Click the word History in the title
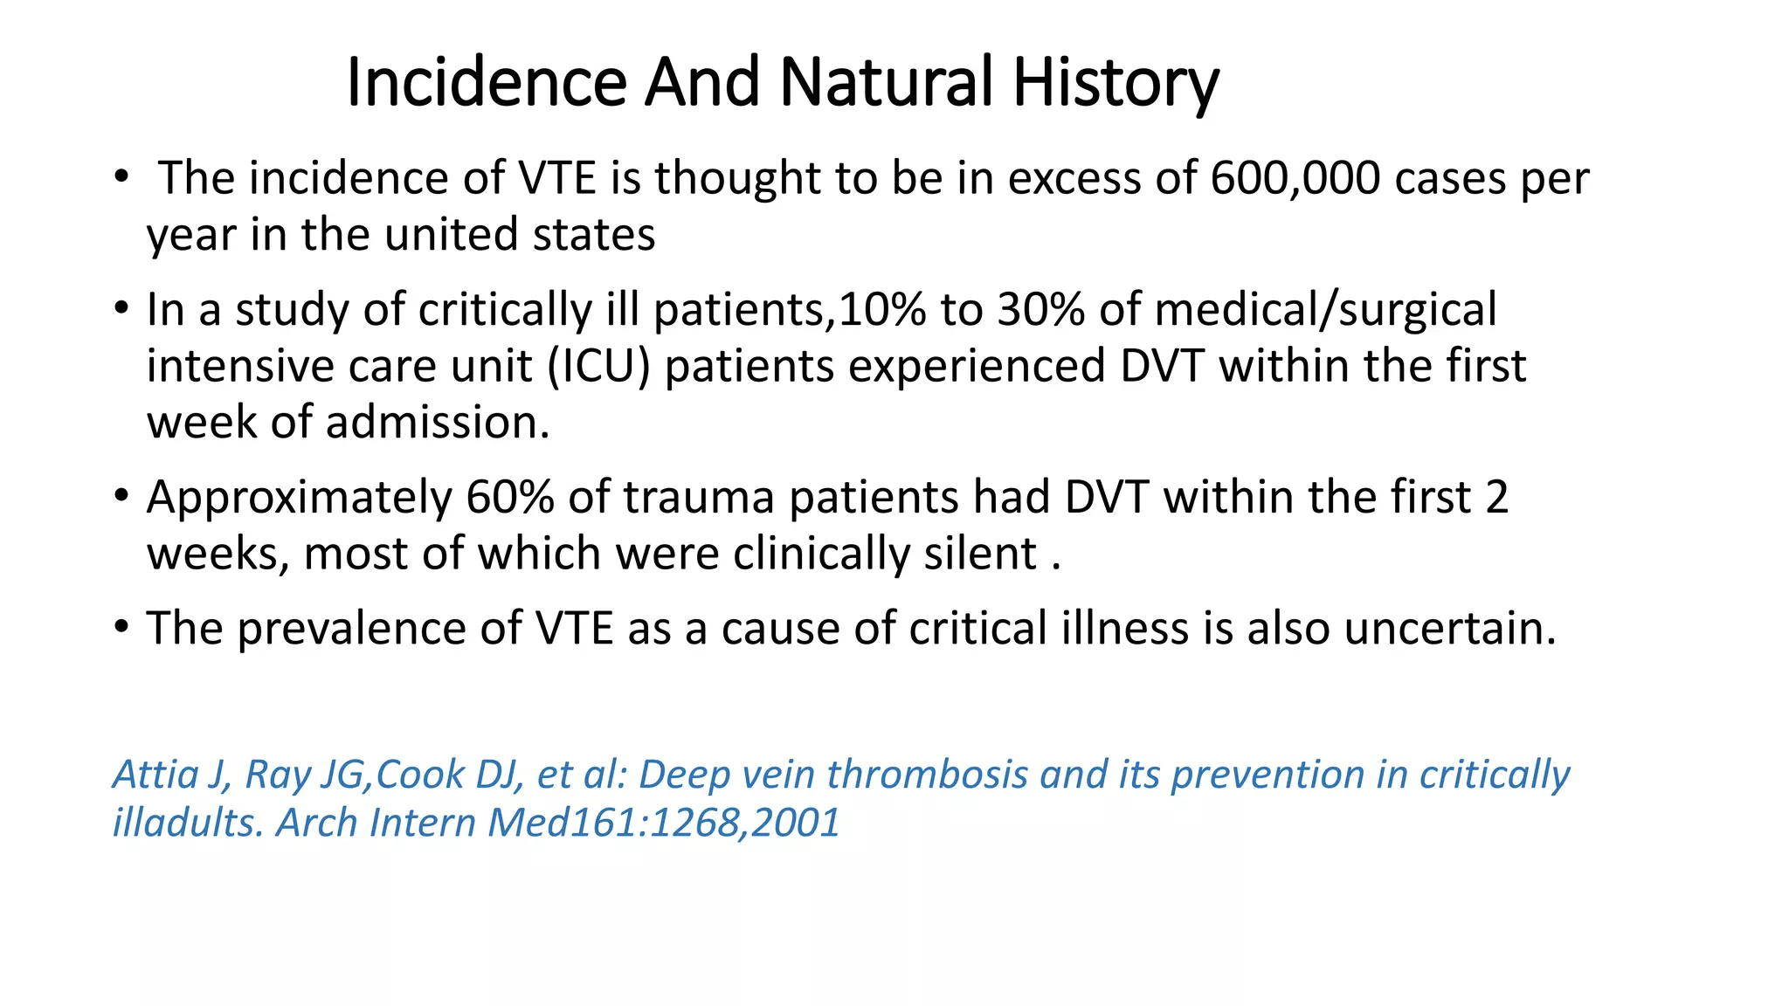point(1116,83)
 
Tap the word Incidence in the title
point(486,83)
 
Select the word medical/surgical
point(1325,310)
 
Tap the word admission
point(438,423)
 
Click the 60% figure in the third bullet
point(509,498)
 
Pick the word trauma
point(698,498)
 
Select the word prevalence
point(378,629)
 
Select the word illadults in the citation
point(188,823)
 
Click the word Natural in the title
point(886,83)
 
